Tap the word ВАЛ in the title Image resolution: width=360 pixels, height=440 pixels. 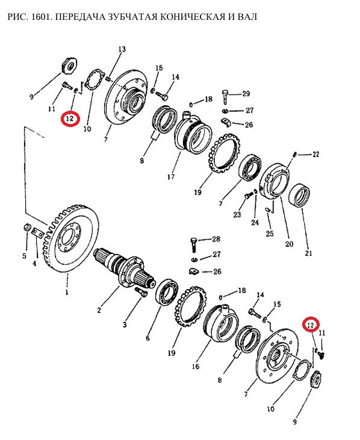click(247, 17)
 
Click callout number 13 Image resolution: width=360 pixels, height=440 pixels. click(122, 50)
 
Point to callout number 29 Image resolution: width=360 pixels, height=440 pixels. click(246, 93)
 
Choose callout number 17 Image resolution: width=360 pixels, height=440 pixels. click(171, 177)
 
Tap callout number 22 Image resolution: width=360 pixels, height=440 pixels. click(315, 154)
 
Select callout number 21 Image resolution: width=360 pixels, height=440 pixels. click(308, 253)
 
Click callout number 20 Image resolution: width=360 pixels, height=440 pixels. click(289, 244)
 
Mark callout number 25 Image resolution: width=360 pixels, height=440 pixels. click(270, 234)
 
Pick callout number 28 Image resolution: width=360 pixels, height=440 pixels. click(216, 239)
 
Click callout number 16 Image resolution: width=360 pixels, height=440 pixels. click(196, 366)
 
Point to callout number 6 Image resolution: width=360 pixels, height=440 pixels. click(147, 338)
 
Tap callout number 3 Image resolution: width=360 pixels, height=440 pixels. click(125, 325)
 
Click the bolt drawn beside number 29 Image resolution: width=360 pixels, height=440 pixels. click(225, 96)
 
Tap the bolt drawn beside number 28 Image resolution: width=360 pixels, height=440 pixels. click(194, 244)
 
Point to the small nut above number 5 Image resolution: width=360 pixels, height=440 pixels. click(26, 227)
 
